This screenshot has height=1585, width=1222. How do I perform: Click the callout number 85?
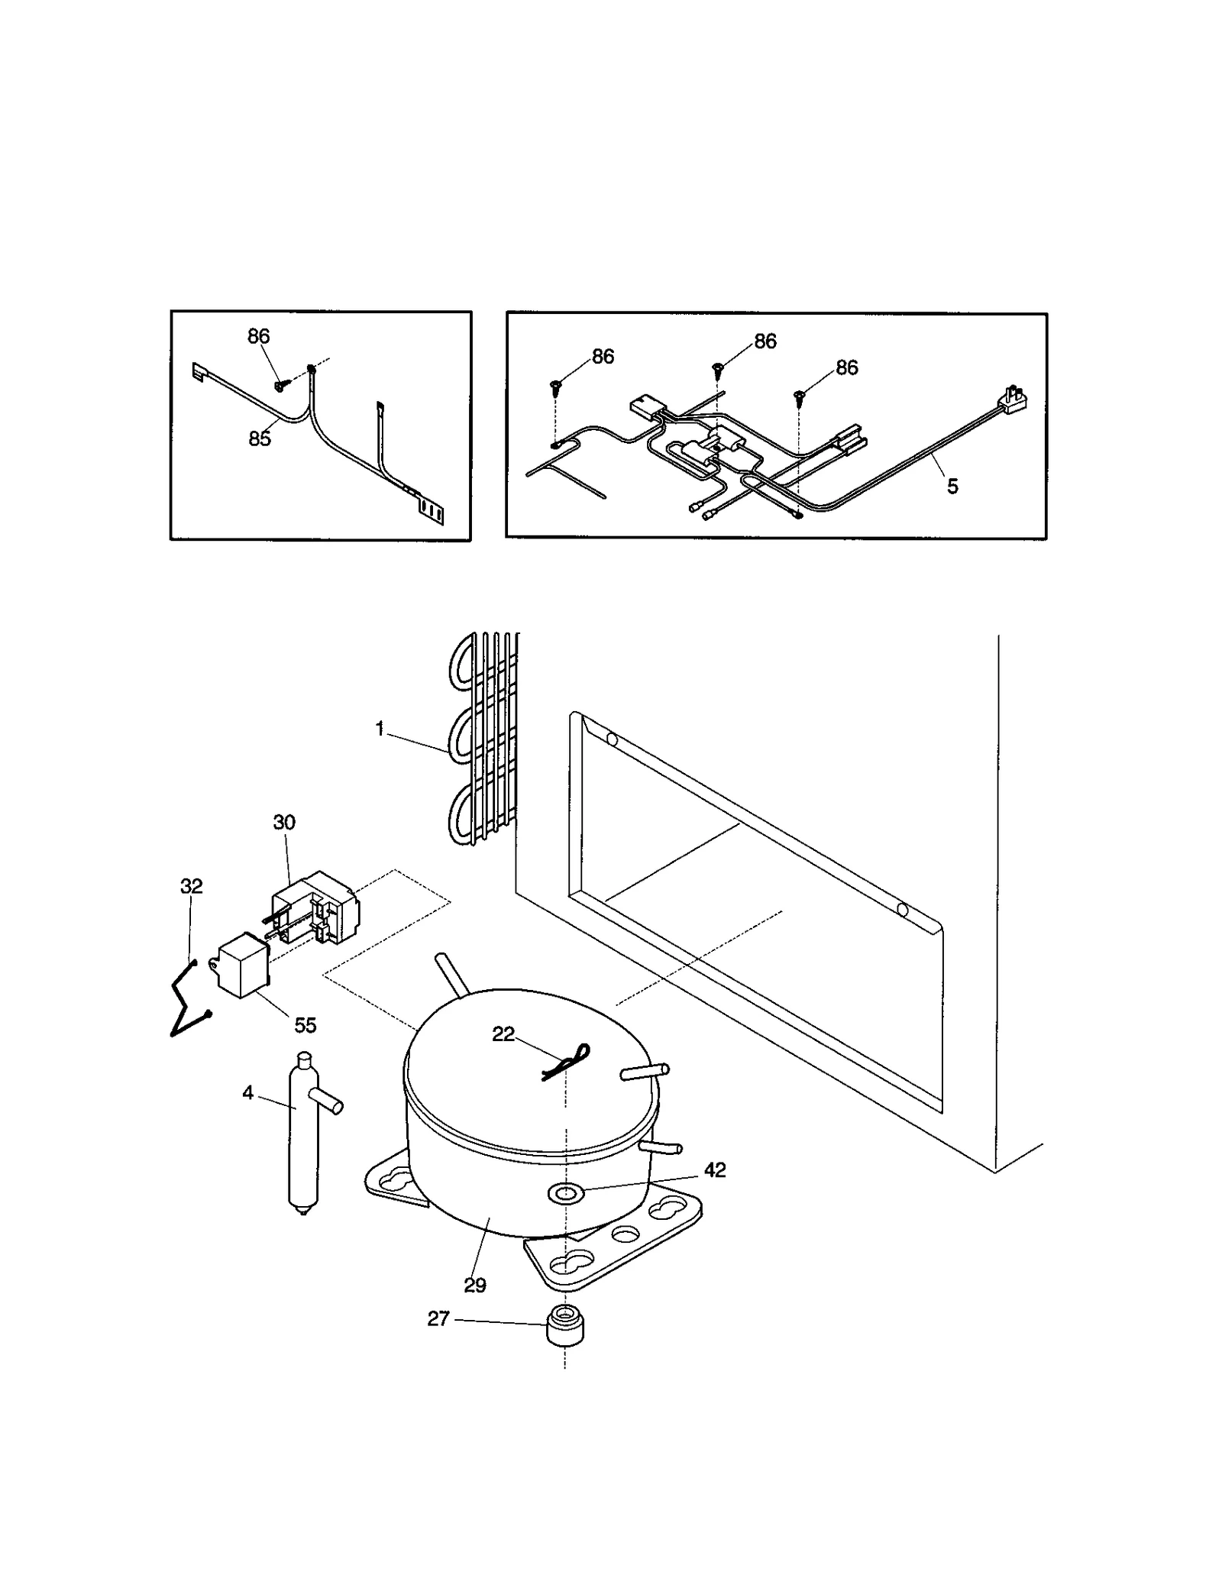coord(260,439)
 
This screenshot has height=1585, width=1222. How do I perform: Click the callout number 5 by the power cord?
coord(952,487)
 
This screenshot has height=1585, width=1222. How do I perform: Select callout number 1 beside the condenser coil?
coord(380,729)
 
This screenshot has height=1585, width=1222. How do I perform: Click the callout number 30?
coord(284,823)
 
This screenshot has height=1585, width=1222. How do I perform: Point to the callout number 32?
coord(191,886)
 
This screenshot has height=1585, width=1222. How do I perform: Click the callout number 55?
coord(305,1025)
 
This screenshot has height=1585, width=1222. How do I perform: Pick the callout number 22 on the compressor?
coord(503,1033)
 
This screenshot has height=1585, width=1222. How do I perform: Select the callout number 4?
coord(247,1093)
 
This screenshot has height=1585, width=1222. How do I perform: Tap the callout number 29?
coord(475,1286)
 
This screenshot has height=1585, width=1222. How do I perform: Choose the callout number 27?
coord(438,1318)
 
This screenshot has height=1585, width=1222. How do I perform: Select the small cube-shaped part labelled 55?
coord(242,966)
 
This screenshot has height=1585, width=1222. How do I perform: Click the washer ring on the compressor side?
coord(566,1192)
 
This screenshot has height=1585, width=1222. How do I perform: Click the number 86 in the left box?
coord(258,336)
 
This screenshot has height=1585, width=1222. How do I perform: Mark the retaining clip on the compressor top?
coord(566,1063)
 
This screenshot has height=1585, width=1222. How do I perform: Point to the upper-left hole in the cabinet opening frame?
coord(611,739)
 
